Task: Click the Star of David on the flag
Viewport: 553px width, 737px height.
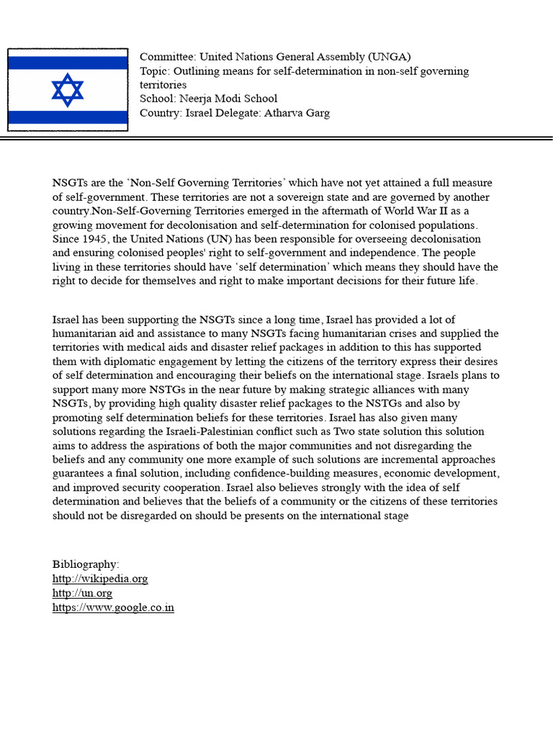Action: (x=68, y=90)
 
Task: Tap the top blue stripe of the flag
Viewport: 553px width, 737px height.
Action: (x=68, y=63)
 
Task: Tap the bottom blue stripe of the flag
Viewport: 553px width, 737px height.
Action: (x=68, y=117)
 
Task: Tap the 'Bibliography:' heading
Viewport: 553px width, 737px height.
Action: (x=86, y=564)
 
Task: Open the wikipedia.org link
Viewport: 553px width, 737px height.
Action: (x=100, y=579)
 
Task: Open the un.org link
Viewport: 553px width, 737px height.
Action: (x=82, y=593)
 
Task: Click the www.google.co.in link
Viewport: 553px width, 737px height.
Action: (x=113, y=607)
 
